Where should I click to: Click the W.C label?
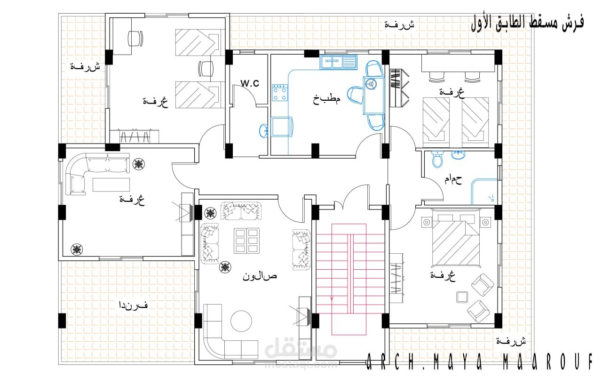[x=250, y=83]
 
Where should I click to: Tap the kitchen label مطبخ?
[x=326, y=99]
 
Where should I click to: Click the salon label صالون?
[x=260, y=276]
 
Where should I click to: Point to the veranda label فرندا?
[x=133, y=305]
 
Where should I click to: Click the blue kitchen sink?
[x=338, y=62]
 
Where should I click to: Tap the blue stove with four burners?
[x=280, y=93]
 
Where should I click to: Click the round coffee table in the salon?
[x=241, y=321]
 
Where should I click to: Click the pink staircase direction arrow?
[x=332, y=298]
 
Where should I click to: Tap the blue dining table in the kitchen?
[x=374, y=95]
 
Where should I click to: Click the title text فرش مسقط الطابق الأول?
[x=527, y=24]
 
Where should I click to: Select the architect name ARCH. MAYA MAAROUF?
[x=479, y=362]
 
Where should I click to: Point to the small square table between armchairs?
[x=462, y=298]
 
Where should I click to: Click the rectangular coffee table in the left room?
[x=111, y=185]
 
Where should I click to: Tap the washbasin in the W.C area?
[x=263, y=131]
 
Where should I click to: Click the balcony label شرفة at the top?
[x=399, y=25]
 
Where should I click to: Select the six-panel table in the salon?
[x=247, y=241]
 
